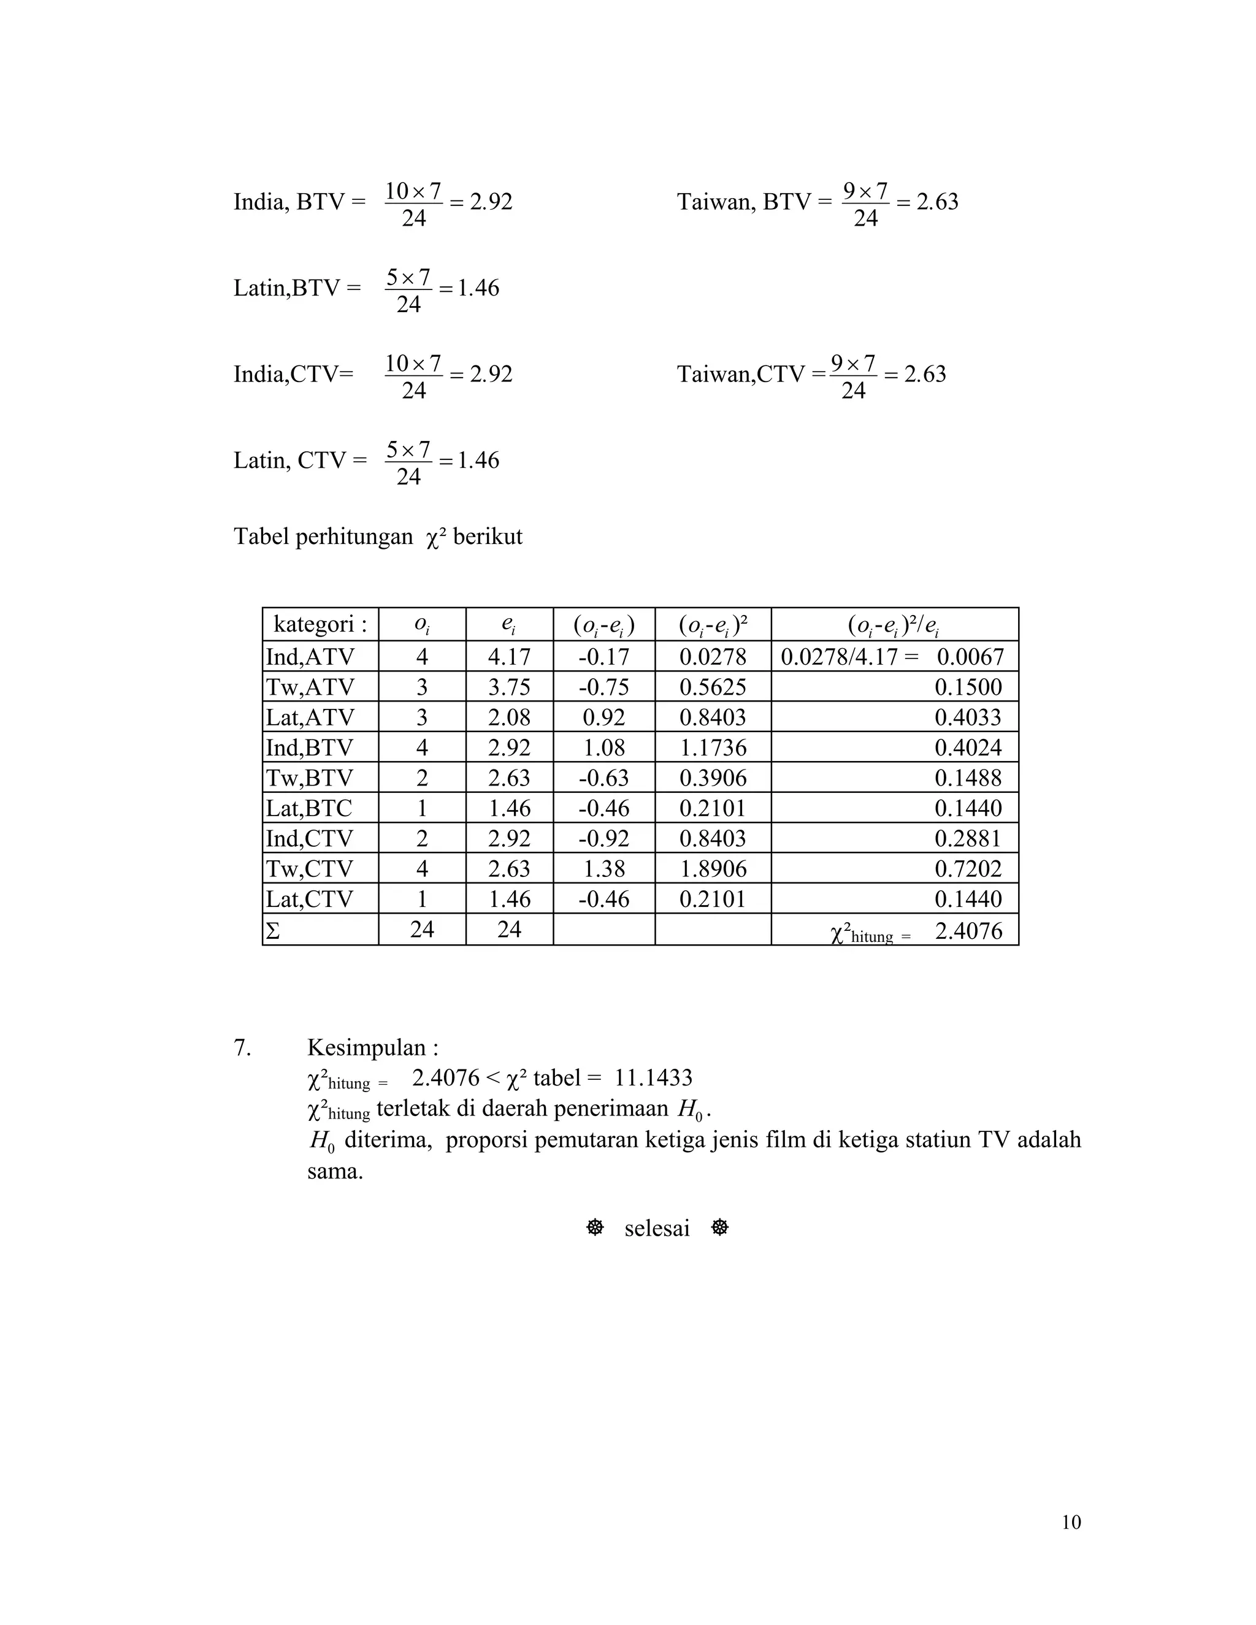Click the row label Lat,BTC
(309, 808)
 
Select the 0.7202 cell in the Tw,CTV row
(968, 868)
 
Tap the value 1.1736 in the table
(712, 747)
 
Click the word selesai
(656, 1228)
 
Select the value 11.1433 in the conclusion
(653, 1077)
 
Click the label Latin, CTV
(300, 461)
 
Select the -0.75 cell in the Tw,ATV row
(603, 687)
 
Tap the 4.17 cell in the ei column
(509, 656)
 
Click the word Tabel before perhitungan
(262, 537)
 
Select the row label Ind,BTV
(310, 747)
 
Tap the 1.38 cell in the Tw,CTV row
(603, 868)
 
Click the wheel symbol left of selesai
(594, 1228)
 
